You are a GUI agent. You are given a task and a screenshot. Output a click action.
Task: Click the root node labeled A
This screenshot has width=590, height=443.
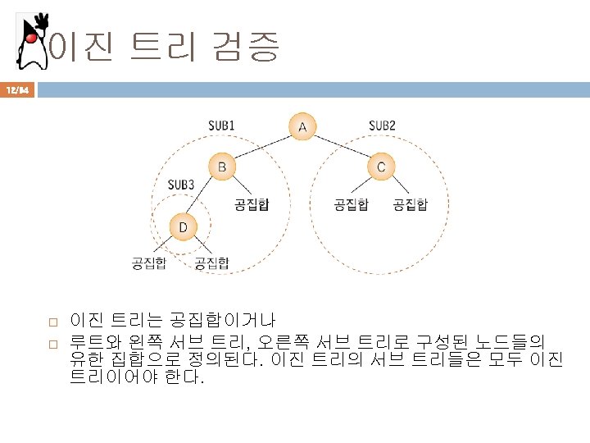[302, 127]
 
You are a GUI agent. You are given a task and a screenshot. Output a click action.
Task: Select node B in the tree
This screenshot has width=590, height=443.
[221, 167]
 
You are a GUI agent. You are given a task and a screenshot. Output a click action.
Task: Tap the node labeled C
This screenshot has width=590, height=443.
[381, 167]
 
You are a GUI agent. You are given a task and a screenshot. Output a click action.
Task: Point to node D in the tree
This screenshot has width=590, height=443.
[184, 226]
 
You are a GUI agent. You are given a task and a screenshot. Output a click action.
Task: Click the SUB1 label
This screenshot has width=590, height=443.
[221, 126]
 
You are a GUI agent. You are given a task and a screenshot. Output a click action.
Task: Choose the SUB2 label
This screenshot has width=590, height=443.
[382, 126]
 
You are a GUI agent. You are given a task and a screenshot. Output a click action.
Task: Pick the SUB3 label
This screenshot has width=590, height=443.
[180, 185]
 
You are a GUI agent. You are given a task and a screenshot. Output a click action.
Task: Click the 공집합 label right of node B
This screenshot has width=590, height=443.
[252, 203]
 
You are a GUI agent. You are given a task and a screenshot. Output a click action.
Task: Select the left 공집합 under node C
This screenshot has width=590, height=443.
[351, 203]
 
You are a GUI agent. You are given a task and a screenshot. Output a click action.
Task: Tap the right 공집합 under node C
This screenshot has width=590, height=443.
[410, 203]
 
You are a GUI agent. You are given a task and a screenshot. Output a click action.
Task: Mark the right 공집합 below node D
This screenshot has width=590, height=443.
[211, 263]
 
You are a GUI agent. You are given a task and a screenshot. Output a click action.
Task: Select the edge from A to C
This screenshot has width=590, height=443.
[342, 147]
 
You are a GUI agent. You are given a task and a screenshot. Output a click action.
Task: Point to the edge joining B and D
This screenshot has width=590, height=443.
[203, 197]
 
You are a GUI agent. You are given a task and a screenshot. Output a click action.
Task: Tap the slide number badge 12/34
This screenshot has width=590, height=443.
[18, 90]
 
